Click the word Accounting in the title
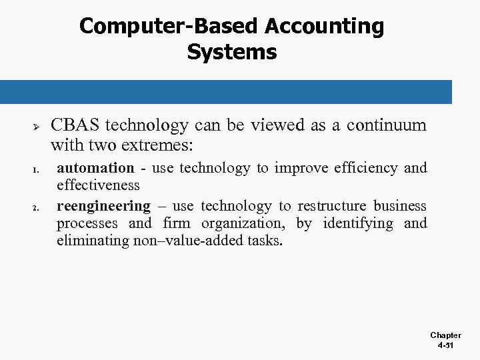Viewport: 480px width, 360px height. [x=325, y=27]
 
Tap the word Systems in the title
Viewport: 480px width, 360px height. [x=232, y=52]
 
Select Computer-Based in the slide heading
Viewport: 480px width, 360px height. [x=169, y=27]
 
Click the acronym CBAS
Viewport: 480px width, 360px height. [x=75, y=125]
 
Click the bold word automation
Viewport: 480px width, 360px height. [x=95, y=168]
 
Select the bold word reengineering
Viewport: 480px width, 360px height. [x=103, y=206]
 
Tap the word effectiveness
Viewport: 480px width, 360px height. [x=98, y=185]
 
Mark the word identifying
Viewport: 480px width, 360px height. [x=358, y=223]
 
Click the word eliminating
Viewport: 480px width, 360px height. [x=92, y=241]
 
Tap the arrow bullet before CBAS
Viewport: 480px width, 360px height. [x=37, y=126]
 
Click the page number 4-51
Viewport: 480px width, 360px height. [x=445, y=346]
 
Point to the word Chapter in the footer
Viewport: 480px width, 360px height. [x=445, y=335]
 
